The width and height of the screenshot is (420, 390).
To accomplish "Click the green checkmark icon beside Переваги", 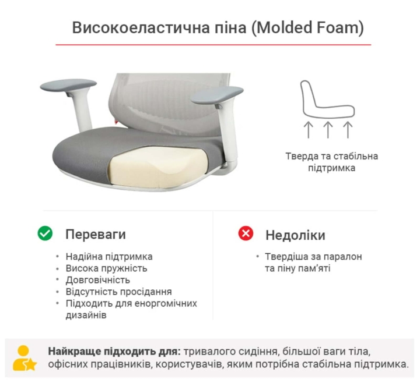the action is tap(45, 233).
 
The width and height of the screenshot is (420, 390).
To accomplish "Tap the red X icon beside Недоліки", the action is tap(246, 233).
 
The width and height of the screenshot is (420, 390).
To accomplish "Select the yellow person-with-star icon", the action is tap(24, 358).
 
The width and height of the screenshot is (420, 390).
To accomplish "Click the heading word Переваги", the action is tap(96, 234).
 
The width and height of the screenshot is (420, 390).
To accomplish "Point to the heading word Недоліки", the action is tap(295, 235).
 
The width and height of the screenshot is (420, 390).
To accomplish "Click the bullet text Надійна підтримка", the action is tap(109, 257).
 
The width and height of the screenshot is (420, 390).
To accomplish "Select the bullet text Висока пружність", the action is tap(106, 268).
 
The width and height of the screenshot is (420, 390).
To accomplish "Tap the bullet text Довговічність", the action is tap(98, 280).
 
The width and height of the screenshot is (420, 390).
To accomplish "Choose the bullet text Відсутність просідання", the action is tap(118, 292).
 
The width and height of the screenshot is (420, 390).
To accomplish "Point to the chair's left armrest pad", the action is tap(68, 85).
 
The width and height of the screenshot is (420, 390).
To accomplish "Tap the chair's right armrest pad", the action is tap(216, 95).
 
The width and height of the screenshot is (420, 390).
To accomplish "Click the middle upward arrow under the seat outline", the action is tap(328, 130).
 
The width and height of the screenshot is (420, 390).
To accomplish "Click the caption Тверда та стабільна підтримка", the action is tap(331, 162).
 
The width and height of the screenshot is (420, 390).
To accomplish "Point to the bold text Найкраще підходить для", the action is tap(114, 351).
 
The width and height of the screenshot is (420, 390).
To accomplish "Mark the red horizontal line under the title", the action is tap(213, 45).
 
